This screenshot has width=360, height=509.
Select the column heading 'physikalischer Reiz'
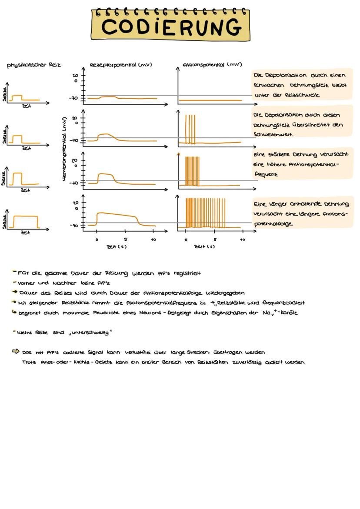point(33,65)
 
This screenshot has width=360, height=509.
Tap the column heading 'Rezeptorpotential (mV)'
point(120,65)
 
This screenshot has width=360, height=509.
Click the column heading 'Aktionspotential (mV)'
point(212,65)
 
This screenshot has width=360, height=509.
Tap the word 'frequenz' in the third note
point(267,174)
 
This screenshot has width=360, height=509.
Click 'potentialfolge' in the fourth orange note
point(273,224)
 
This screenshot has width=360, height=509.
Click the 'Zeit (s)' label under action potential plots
point(204,247)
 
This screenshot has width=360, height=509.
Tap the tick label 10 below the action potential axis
point(242,240)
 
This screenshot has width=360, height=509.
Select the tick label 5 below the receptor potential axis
point(125,240)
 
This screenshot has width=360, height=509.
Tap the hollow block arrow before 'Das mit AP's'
point(17,352)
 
